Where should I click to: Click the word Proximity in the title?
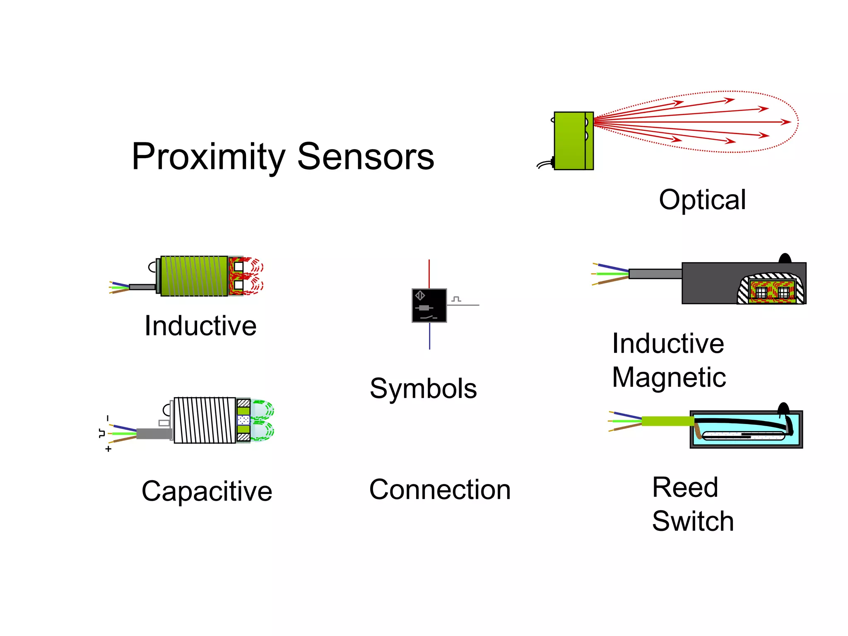[x=208, y=157]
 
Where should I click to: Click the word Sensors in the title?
[x=366, y=157]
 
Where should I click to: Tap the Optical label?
[x=702, y=200]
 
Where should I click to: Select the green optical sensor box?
[x=570, y=141]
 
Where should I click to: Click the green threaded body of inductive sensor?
[x=194, y=276]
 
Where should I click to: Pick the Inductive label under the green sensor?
[x=200, y=326]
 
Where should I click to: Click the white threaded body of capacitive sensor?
[x=205, y=420]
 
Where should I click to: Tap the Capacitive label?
[x=207, y=491]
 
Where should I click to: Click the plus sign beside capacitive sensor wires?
[x=108, y=449]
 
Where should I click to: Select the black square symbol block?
[x=429, y=306]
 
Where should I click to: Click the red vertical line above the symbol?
[x=429, y=273]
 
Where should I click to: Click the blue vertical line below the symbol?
[x=429, y=336]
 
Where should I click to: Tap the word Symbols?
[x=423, y=389]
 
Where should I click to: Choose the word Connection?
[x=440, y=490]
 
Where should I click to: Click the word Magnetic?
[x=669, y=378]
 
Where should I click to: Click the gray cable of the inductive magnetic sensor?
[x=655, y=274]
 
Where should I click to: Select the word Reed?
[x=685, y=487]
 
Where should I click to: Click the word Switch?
[x=693, y=521]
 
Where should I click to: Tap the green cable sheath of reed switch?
[x=667, y=422]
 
